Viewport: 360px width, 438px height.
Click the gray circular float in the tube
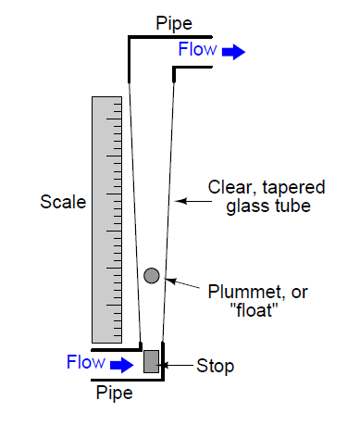point(152,274)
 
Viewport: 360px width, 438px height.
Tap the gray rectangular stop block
point(152,360)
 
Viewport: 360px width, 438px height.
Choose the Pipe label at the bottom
point(115,392)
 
